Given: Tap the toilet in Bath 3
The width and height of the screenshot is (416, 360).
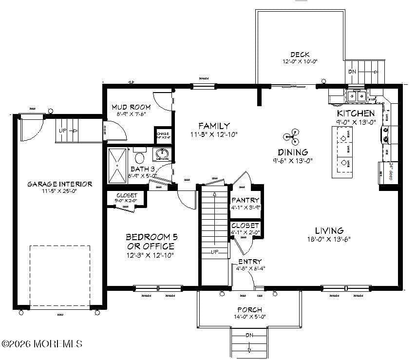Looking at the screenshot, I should click(140, 158).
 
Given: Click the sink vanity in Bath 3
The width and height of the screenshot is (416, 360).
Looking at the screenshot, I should click(161, 155).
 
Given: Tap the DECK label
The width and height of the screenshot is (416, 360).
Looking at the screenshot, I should click(300, 55).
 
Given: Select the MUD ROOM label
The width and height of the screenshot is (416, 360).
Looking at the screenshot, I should click(131, 107).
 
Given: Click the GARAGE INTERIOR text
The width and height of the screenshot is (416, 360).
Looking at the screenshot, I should click(59, 184).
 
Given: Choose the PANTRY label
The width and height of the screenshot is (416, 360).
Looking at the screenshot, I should click(246, 200).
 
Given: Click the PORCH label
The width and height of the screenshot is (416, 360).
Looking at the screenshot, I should click(249, 310).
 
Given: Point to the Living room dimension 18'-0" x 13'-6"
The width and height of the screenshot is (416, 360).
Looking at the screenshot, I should click(329, 239).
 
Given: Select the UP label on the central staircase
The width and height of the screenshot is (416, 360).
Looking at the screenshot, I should click(214, 252).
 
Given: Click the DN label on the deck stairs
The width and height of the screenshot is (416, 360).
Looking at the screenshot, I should click(352, 71).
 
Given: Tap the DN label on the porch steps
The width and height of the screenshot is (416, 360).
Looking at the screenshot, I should click(249, 335).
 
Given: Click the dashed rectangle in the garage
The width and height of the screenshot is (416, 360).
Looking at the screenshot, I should click(60, 276).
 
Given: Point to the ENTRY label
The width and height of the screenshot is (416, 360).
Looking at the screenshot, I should click(250, 262).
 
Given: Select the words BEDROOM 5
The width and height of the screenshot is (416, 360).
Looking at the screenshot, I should click(151, 237).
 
